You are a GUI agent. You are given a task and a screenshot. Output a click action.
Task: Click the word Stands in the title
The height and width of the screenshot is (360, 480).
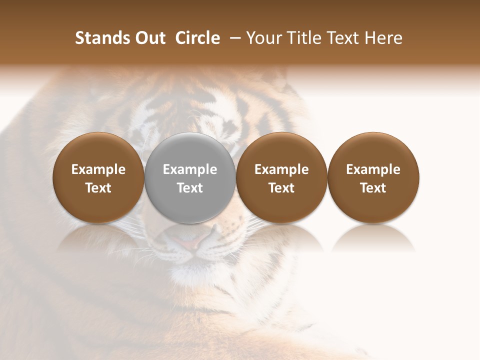(101, 38)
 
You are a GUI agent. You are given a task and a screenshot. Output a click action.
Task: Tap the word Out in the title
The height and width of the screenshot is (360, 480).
(149, 38)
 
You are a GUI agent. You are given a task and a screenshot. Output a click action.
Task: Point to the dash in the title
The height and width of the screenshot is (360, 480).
(233, 38)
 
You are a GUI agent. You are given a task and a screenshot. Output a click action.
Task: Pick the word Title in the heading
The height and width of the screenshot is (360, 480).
(301, 38)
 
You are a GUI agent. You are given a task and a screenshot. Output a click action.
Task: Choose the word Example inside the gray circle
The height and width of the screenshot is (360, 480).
(190, 169)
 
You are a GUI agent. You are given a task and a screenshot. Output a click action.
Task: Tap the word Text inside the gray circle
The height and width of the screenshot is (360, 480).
(190, 188)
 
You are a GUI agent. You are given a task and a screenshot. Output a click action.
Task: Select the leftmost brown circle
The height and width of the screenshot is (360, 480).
(98, 150)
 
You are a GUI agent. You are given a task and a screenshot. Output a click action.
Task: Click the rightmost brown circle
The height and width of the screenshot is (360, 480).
(373, 150)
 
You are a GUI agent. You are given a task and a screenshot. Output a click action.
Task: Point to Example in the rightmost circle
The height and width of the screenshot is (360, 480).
(373, 169)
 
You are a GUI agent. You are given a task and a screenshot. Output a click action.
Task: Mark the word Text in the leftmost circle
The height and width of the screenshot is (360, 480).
(98, 188)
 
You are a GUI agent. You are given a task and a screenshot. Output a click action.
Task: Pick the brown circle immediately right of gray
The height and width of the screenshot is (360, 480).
(281, 150)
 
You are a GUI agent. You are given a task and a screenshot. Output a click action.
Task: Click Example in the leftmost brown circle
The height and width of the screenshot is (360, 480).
(98, 169)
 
